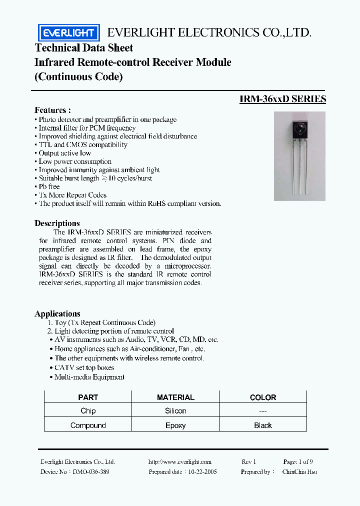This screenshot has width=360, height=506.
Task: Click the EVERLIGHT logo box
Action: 69,33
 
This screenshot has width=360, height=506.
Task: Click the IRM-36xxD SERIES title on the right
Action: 282,99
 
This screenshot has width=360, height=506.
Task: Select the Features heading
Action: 52,110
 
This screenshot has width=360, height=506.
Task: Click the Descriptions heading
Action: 57,223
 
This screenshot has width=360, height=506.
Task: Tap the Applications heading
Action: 57,313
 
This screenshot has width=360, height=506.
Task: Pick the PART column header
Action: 88,397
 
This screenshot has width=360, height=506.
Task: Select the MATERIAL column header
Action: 175,397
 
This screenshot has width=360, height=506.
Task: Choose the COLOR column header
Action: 263,397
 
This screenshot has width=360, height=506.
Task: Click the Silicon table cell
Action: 175,411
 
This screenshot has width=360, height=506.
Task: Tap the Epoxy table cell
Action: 175,425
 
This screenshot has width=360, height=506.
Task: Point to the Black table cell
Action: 263,425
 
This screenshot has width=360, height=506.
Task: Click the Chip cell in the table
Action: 88,411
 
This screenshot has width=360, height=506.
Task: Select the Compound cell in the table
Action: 88,425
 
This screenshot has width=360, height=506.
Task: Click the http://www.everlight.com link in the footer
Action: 180,462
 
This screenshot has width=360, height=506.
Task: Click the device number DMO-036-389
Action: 91,472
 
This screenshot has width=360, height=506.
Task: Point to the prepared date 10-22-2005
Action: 203,472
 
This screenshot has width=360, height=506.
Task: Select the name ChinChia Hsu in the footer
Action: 299,472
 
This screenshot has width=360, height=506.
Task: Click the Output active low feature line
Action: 65,153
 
